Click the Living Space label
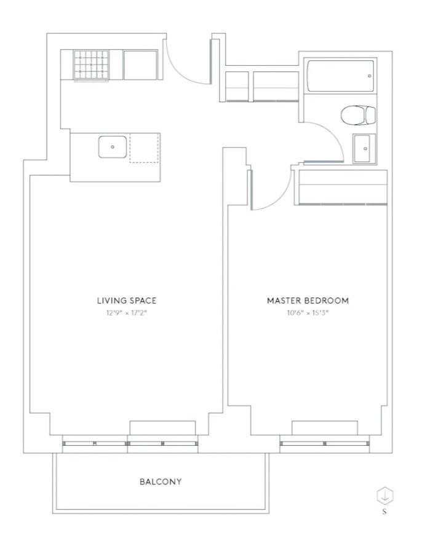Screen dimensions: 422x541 (x=126, y=301)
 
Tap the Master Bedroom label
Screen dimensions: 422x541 (x=308, y=301)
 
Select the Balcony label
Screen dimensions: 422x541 (x=161, y=481)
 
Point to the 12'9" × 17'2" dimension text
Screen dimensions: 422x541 (x=126, y=314)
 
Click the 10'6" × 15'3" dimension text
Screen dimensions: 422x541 (x=308, y=314)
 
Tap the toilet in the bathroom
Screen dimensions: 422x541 (x=358, y=115)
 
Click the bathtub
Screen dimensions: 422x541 (x=341, y=76)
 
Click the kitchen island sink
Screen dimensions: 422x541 (x=113, y=147)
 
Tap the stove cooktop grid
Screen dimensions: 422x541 (x=91, y=65)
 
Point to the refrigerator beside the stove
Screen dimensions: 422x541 (x=140, y=65)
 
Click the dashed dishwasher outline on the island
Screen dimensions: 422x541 (x=145, y=148)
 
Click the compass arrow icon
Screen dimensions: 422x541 (x=384, y=496)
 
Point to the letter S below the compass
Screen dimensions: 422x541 (x=384, y=512)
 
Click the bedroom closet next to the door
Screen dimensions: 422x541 (x=343, y=188)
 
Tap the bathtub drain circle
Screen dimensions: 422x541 (x=370, y=76)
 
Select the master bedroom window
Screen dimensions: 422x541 (x=325, y=444)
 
